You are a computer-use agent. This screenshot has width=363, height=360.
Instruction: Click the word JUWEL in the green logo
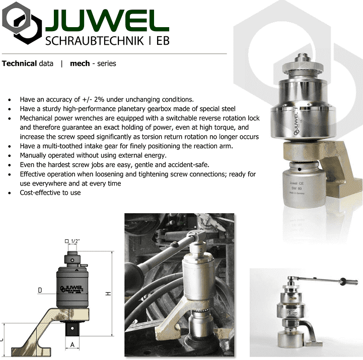click(x=107, y=20)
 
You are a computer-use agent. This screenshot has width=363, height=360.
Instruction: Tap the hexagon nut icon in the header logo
click(x=22, y=23)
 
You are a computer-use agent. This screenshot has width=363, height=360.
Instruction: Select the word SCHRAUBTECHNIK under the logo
click(x=95, y=41)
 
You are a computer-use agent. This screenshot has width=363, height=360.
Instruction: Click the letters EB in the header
click(x=163, y=41)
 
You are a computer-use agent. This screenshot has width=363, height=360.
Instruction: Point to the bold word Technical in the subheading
click(x=20, y=63)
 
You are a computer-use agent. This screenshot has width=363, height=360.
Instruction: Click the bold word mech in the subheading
click(x=80, y=63)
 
